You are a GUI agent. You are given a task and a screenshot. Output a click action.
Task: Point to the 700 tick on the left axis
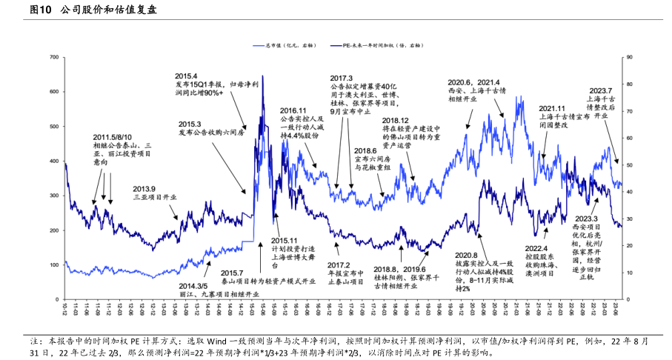53,57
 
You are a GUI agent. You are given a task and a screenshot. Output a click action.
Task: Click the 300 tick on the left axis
53,196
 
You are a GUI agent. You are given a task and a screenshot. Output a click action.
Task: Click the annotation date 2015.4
186,76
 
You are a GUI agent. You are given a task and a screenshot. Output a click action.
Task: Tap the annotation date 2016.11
293,110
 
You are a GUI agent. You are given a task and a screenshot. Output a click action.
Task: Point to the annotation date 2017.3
342,79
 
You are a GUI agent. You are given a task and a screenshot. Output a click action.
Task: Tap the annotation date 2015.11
283,240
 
